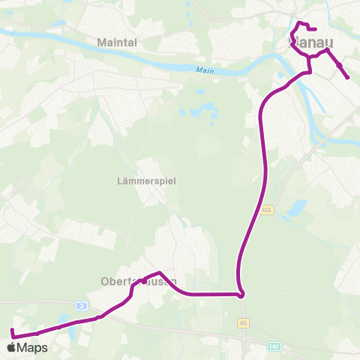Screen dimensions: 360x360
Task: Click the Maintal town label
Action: click(117, 43)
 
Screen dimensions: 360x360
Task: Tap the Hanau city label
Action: click(310, 43)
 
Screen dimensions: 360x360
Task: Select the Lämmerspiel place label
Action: click(147, 181)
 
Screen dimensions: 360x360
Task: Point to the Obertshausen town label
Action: click(138, 281)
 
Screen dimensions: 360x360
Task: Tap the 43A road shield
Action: click(268, 211)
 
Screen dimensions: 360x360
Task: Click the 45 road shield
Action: click(243, 322)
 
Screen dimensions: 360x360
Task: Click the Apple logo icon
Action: click(11, 347)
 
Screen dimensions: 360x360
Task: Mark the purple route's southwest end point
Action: click(12, 330)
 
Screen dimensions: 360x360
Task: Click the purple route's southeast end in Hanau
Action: click(347, 77)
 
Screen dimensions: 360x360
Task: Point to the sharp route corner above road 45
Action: click(241, 295)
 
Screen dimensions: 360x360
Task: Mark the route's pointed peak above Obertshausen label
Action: click(159, 272)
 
